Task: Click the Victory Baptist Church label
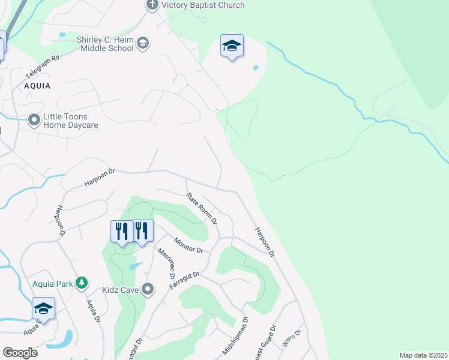coord(203,5)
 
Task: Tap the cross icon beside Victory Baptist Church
coord(152,5)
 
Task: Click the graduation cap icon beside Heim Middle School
coord(143,43)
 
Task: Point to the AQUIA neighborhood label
coord(37,86)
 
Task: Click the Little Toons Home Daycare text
coord(70,121)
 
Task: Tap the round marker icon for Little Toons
coord(34,121)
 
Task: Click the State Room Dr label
coord(201,208)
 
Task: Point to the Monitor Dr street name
coord(188,245)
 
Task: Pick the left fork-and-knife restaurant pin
coord(121,231)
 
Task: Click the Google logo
coord(20,353)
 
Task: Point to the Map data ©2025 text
coord(423,355)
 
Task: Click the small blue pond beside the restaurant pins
coord(136,265)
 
